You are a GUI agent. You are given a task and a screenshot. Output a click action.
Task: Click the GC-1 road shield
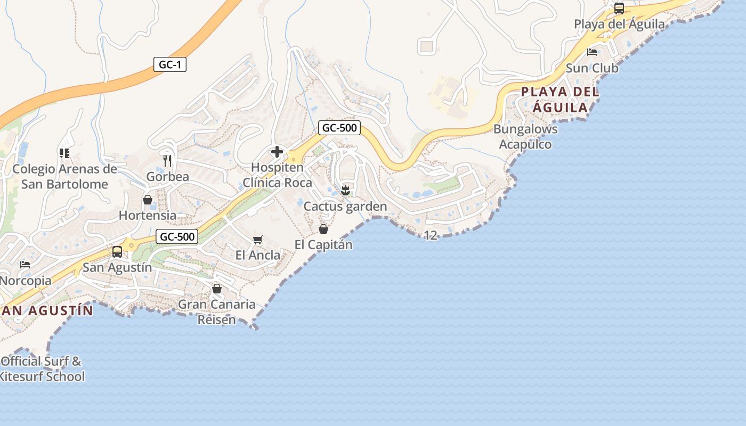pos(170,65)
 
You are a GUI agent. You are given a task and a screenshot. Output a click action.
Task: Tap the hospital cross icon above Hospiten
pos(277,152)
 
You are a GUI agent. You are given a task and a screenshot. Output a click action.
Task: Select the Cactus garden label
pos(345,206)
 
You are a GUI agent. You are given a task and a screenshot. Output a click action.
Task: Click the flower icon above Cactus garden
pos(345,190)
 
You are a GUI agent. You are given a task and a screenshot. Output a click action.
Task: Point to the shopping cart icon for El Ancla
pos(258,240)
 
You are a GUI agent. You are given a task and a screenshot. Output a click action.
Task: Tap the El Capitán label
pos(323,244)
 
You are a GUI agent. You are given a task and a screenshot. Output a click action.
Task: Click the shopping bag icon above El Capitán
pos(323,229)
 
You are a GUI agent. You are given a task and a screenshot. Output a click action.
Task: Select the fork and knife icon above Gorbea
pos(167,161)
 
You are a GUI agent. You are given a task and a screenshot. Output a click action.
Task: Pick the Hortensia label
pos(148,215)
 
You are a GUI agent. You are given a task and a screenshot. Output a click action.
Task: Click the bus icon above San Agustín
pos(117,252)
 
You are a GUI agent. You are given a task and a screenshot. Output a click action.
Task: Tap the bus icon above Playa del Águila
pos(619,9)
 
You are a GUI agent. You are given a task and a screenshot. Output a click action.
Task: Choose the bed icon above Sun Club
pos(591,52)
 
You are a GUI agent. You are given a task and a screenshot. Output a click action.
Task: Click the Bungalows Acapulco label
pos(525,136)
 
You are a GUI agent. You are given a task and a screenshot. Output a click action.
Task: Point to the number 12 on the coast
pos(431,235)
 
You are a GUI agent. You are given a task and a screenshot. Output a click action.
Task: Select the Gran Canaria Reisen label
pos(216,312)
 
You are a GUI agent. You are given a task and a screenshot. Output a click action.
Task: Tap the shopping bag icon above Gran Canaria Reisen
pos(217,289)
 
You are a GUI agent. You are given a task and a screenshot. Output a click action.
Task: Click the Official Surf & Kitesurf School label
pos(42,368)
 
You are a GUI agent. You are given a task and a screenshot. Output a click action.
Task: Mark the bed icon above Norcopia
pos(25,265)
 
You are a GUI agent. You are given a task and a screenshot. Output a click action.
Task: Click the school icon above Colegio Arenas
pos(64,153)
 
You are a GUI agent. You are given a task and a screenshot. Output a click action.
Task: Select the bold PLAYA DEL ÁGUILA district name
pos(560,100)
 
